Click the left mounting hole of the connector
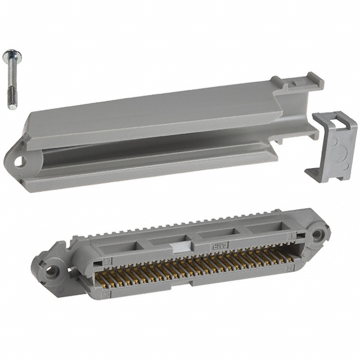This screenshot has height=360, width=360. coord(52,271)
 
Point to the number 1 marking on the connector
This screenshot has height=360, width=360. coord(291,237)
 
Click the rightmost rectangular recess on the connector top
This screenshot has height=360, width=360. coord(264,227)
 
